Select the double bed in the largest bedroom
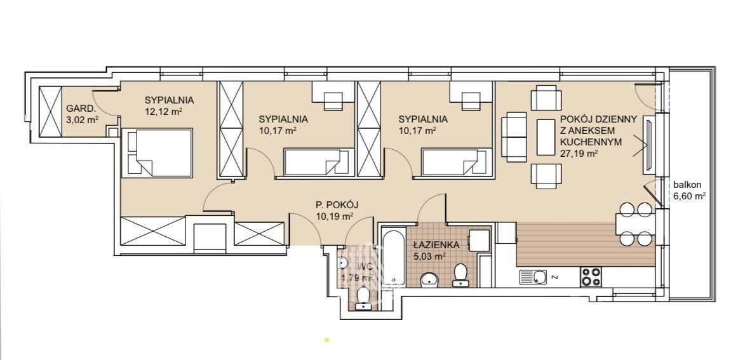click(158, 152)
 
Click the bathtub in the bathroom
click(394, 257)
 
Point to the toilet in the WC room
click(363, 298)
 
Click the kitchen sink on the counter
click(533, 277)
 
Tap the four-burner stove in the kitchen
click(591, 277)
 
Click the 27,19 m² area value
click(579, 152)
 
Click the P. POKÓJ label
click(337, 205)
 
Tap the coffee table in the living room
click(546, 137)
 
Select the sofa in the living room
click(514, 137)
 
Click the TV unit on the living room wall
click(648, 145)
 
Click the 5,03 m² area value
click(430, 257)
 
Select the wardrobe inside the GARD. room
click(50, 112)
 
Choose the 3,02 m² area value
click(83, 119)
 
